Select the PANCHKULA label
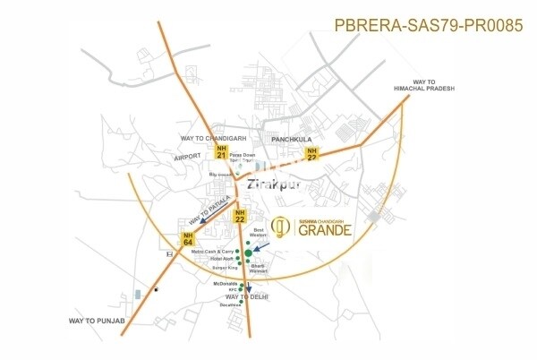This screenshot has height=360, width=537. [x=286, y=139]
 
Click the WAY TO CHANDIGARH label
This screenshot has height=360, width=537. [x=214, y=138]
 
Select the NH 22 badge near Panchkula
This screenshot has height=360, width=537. [x=312, y=152]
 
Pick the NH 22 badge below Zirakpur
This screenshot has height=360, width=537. [x=240, y=215]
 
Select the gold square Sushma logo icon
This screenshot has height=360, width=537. [x=279, y=228]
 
